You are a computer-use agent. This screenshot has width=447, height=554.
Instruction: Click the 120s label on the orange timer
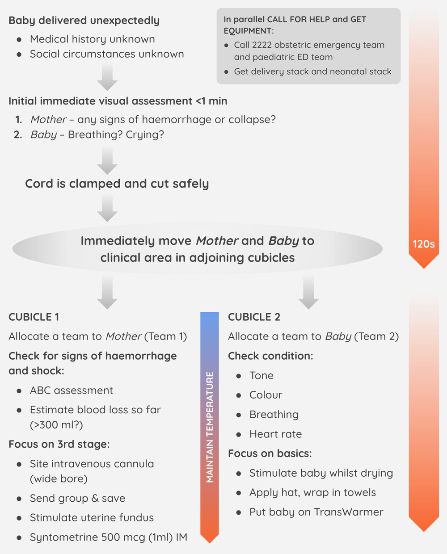click(423, 244)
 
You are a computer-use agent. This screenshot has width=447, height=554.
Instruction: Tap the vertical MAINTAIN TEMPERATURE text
click(210, 427)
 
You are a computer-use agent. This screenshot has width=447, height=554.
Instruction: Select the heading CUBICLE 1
click(34, 317)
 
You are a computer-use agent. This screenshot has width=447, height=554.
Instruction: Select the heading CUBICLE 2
click(254, 317)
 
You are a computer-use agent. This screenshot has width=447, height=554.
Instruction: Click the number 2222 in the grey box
click(261, 45)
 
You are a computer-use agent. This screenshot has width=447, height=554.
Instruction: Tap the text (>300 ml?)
click(56, 424)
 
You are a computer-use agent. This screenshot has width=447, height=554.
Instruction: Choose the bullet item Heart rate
click(275, 434)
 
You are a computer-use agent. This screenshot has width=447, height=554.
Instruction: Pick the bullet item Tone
click(261, 376)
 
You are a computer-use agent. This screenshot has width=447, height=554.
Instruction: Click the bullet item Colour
click(266, 395)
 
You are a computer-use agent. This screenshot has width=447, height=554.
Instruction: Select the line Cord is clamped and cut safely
click(117, 184)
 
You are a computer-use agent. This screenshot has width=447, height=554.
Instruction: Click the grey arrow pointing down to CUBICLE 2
click(308, 292)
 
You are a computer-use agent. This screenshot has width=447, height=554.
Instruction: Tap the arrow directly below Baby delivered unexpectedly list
click(107, 77)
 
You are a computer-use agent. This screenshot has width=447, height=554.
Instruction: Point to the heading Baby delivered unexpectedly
click(84, 21)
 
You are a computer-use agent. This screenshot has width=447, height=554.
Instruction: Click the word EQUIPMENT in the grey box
click(248, 31)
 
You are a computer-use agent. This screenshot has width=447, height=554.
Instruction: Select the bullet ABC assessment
click(72, 390)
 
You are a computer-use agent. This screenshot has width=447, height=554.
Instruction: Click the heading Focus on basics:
click(270, 453)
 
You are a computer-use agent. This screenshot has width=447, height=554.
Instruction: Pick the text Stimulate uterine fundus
click(92, 518)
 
